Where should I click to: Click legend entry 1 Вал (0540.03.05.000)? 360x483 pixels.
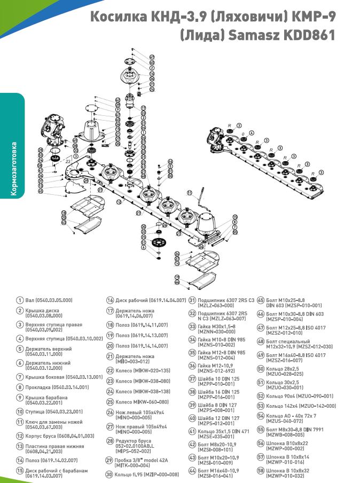click(49, 300)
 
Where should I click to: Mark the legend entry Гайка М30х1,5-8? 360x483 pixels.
click(220, 328)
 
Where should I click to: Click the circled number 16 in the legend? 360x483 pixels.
click(110, 300)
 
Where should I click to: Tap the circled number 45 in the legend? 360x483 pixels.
click(261, 300)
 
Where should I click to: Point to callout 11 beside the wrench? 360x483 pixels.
click(189, 193)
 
